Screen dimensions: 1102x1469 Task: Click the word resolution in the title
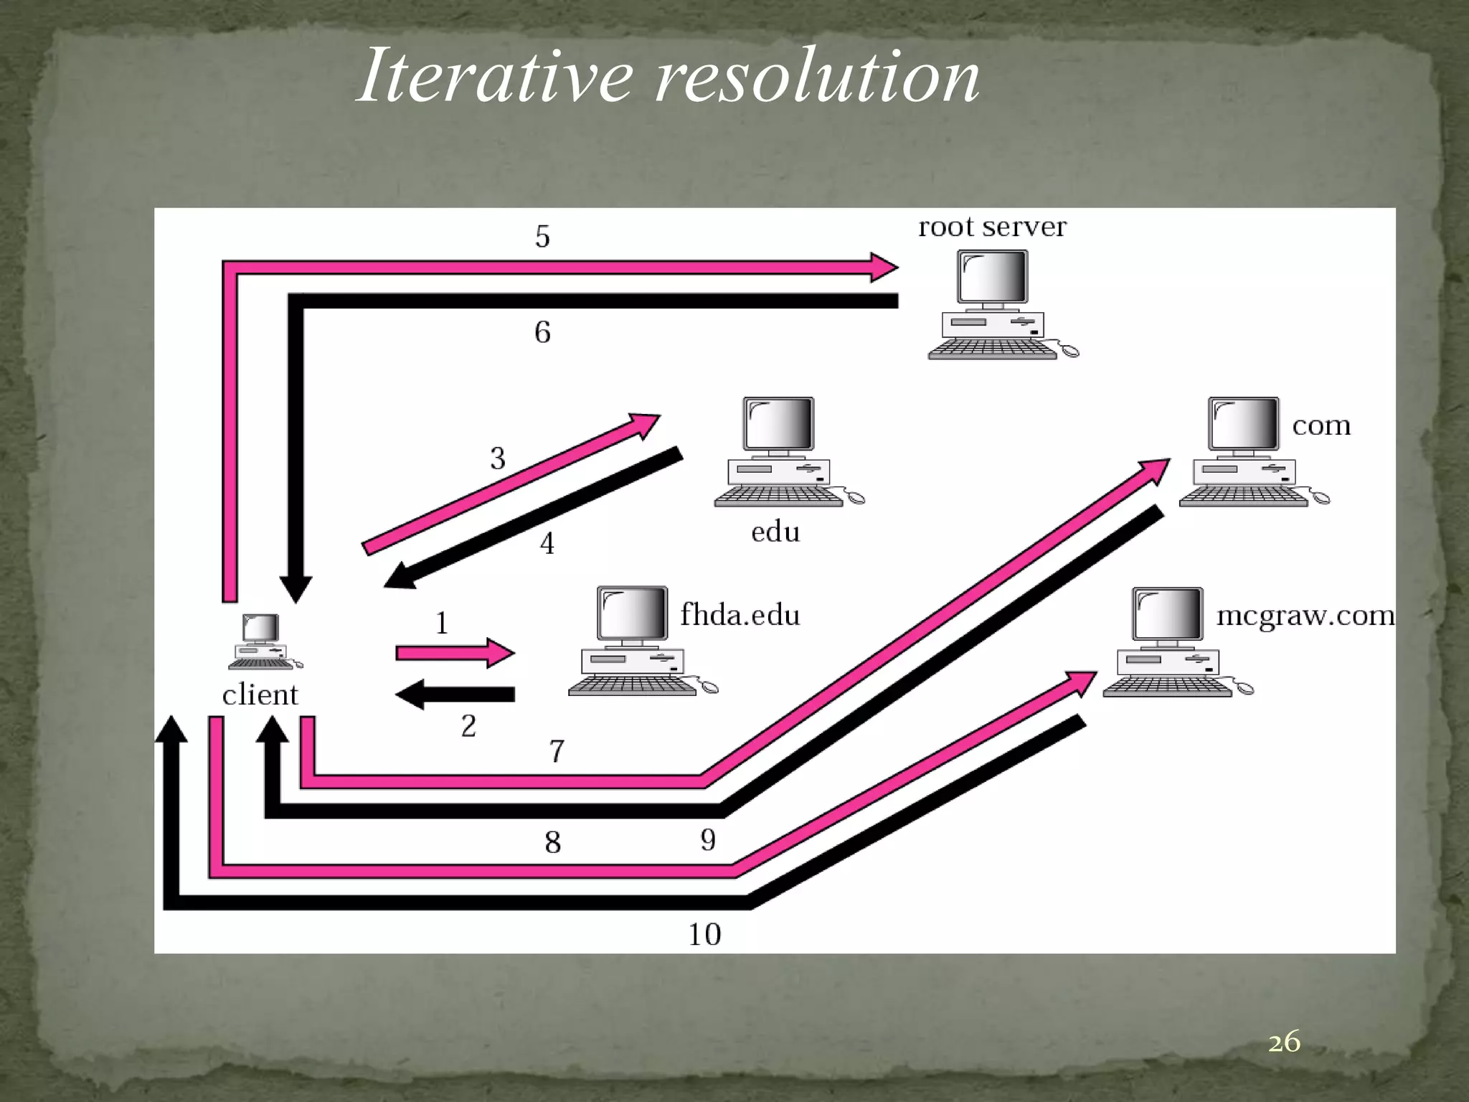click(x=818, y=76)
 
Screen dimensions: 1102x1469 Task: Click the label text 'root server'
click(x=992, y=227)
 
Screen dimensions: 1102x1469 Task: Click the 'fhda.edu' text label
click(x=740, y=616)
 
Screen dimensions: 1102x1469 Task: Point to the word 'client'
click(x=260, y=694)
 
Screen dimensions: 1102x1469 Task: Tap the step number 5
click(x=542, y=237)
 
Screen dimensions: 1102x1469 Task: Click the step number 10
click(x=704, y=934)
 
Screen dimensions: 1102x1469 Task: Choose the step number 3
click(x=498, y=458)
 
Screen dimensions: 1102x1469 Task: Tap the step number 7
click(x=557, y=751)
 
